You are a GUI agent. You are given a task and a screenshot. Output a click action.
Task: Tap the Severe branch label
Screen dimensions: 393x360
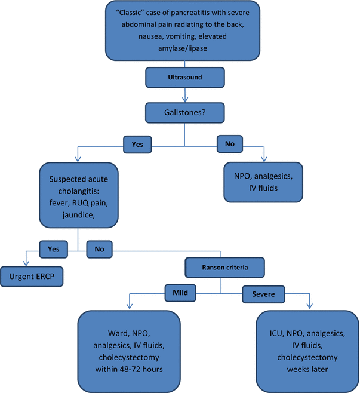pyautogui.click(x=263, y=294)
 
